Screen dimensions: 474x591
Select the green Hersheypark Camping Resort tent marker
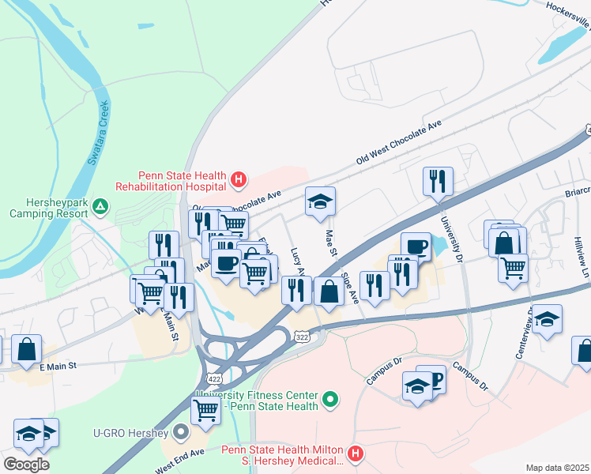coord(100,207)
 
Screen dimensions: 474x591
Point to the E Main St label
coord(58,366)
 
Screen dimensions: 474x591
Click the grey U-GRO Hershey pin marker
coord(182,432)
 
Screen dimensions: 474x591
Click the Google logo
coord(26,464)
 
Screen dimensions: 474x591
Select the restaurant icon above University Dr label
coord(437,182)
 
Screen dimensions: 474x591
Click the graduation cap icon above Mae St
coord(320,201)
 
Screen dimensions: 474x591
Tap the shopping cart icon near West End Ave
coord(205,409)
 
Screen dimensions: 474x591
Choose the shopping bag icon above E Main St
coord(27,348)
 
